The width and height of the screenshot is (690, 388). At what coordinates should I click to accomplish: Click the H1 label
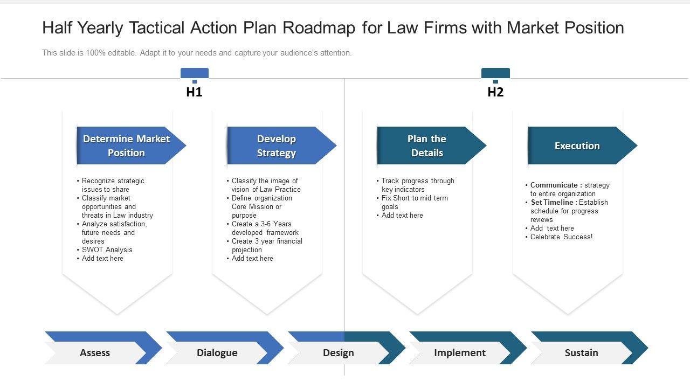194,92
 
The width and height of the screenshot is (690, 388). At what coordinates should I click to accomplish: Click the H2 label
495,92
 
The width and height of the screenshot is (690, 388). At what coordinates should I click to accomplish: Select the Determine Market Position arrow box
127,145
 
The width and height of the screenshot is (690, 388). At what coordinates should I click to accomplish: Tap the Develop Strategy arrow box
277,145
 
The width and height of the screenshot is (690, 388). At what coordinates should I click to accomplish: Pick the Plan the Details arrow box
427,145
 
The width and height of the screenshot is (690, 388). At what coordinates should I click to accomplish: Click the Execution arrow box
577,145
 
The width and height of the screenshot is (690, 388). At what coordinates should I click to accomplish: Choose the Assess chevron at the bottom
95,353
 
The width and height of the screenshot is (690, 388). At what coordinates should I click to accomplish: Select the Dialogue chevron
217,353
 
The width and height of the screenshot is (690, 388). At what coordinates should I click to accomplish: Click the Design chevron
339,353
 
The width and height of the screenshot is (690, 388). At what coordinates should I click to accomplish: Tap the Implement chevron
460,353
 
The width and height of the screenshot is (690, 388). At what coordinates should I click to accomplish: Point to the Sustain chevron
581,353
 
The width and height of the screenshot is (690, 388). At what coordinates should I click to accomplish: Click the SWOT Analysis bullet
107,250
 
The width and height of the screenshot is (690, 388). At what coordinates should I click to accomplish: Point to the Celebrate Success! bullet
561,237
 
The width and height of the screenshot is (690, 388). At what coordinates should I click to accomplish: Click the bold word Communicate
554,185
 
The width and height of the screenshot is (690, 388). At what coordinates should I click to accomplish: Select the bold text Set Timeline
553,203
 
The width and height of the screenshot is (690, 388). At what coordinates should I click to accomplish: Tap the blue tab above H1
194,73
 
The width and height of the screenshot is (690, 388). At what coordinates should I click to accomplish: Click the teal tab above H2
495,73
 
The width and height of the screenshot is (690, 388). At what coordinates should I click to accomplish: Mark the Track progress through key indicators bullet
417,185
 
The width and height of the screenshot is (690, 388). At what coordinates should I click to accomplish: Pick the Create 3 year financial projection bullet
267,245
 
